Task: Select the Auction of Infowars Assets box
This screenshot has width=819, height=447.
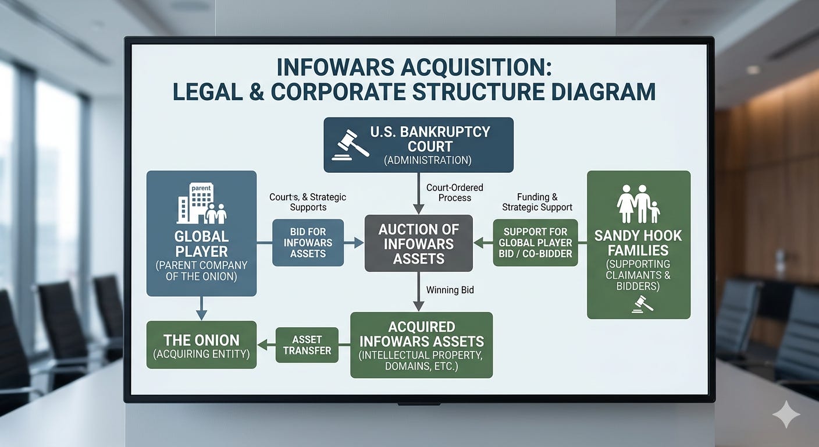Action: pyautogui.click(x=418, y=243)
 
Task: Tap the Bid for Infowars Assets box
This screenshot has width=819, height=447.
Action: pyautogui.click(x=308, y=243)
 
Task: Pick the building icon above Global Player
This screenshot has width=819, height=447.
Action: pyautogui.click(x=201, y=203)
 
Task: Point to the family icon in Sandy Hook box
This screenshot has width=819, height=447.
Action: pyautogui.click(x=638, y=204)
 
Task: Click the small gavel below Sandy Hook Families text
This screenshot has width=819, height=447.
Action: pyautogui.click(x=643, y=304)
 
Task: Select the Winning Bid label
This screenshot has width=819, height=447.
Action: pyautogui.click(x=450, y=289)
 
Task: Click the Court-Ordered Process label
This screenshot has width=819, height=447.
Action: pyautogui.click(x=454, y=193)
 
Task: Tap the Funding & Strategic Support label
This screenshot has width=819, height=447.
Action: pyautogui.click(x=537, y=202)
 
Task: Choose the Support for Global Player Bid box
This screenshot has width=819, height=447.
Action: pyautogui.click(x=535, y=243)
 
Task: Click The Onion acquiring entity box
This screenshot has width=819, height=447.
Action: pyautogui.click(x=201, y=345)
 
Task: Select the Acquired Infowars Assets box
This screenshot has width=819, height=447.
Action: pyautogui.click(x=422, y=345)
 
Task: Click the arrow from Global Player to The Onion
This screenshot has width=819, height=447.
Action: pyautogui.click(x=201, y=308)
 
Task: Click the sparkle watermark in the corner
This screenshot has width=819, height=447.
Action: pyautogui.click(x=786, y=414)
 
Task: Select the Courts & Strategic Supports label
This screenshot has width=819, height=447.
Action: pyautogui.click(x=307, y=202)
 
